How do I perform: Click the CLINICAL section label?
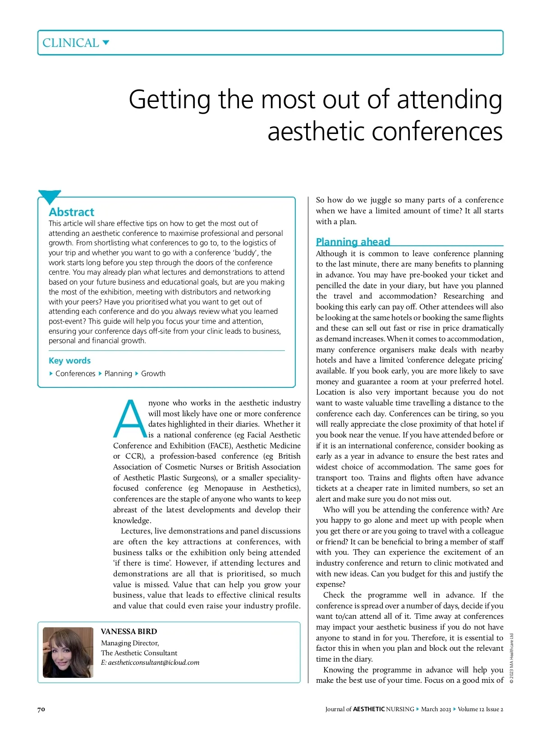(70, 43)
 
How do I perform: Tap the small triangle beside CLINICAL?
(106, 43)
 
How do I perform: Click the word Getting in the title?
(170, 100)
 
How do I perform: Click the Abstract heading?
(71, 212)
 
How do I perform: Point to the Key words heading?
(69, 360)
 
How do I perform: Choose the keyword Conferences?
(75, 373)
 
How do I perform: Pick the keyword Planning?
(118, 373)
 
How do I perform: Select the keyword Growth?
(153, 373)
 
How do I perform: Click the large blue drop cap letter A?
(129, 419)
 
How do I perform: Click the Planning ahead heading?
(353, 242)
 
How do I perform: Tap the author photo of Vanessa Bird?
(68, 652)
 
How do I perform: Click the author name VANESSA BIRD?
(129, 631)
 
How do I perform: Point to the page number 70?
(41, 709)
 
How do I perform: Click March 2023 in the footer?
(436, 709)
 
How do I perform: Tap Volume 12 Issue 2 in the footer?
(481, 709)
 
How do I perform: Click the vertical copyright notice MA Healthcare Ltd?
(512, 658)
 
